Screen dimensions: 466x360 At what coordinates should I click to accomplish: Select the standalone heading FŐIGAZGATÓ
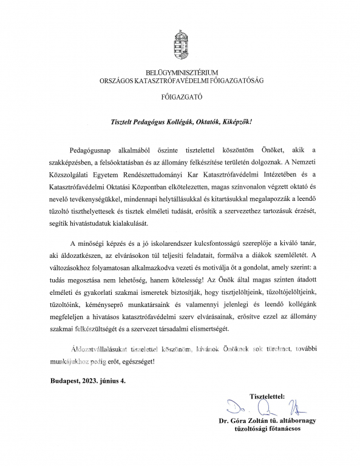pos(180,96)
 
